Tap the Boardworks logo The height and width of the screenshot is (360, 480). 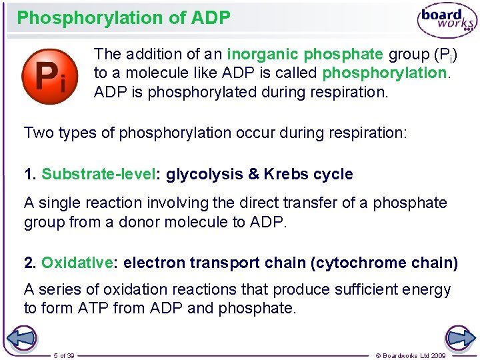447,21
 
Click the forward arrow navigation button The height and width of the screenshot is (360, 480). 459,337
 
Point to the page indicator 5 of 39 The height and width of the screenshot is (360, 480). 64,355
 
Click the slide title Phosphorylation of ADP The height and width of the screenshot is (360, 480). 123,18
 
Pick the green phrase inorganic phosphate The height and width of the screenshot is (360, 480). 305,53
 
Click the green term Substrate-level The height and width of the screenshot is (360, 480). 98,175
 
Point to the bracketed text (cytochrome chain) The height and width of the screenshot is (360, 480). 384,263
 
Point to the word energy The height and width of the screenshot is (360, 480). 429,290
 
